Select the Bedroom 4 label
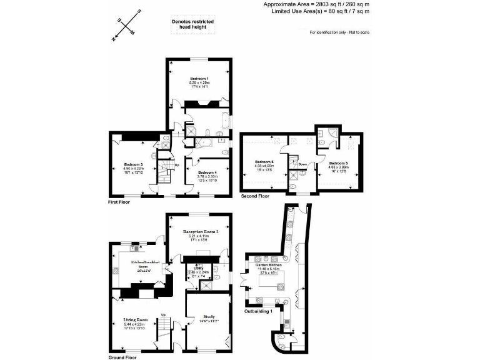(207, 172)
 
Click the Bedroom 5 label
(338, 163)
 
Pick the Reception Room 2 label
(199, 231)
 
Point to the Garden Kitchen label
(269, 266)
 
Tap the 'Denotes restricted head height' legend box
(192, 24)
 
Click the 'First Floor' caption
(119, 202)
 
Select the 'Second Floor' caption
(255, 196)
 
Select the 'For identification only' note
(339, 32)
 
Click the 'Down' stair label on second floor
(302, 164)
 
